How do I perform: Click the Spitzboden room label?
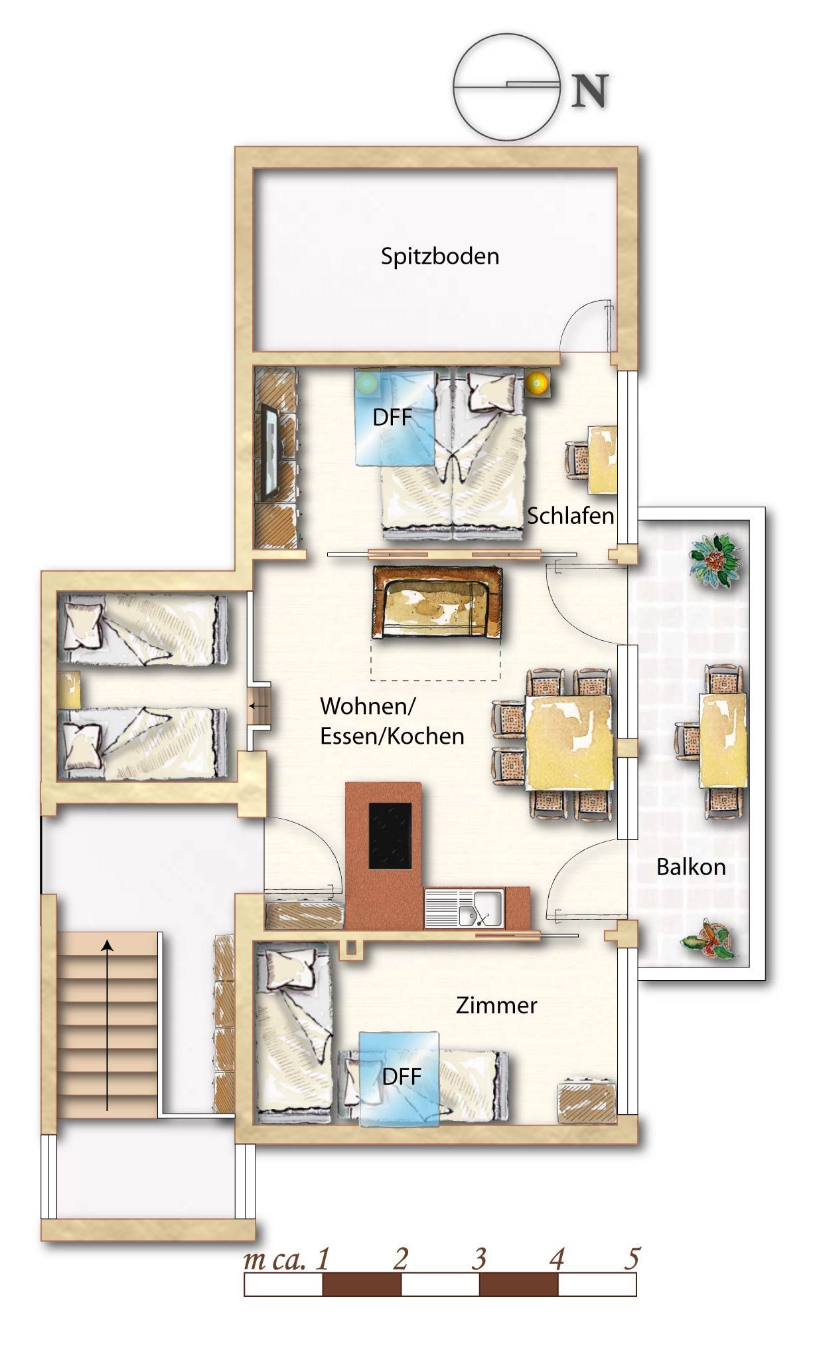click(x=439, y=256)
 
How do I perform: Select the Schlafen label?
click(x=570, y=516)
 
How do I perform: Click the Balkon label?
click(x=691, y=867)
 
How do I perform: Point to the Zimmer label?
click(x=496, y=1005)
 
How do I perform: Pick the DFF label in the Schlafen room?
click(x=392, y=418)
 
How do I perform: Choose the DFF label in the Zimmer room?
click(x=402, y=1076)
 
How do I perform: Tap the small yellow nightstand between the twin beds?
click(x=69, y=690)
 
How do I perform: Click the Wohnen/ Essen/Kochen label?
click(x=392, y=721)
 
